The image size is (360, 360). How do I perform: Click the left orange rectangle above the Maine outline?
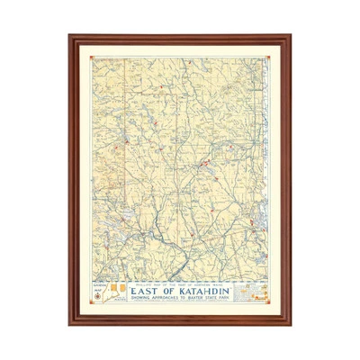click(110, 285)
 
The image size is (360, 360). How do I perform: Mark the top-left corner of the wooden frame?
click(71, 37)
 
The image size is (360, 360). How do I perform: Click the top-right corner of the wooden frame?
click(289, 37)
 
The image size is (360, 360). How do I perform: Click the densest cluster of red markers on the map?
click(206, 163)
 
